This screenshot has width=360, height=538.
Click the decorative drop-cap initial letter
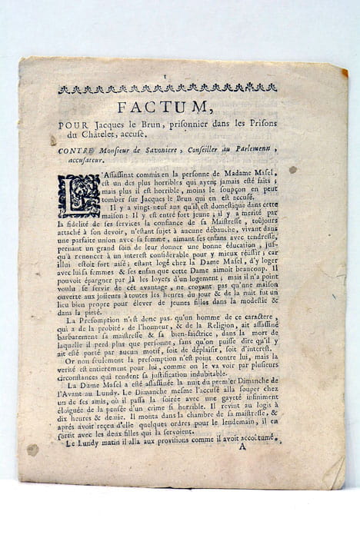[x=78, y=195]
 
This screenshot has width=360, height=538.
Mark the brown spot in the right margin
[x=292, y=169]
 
